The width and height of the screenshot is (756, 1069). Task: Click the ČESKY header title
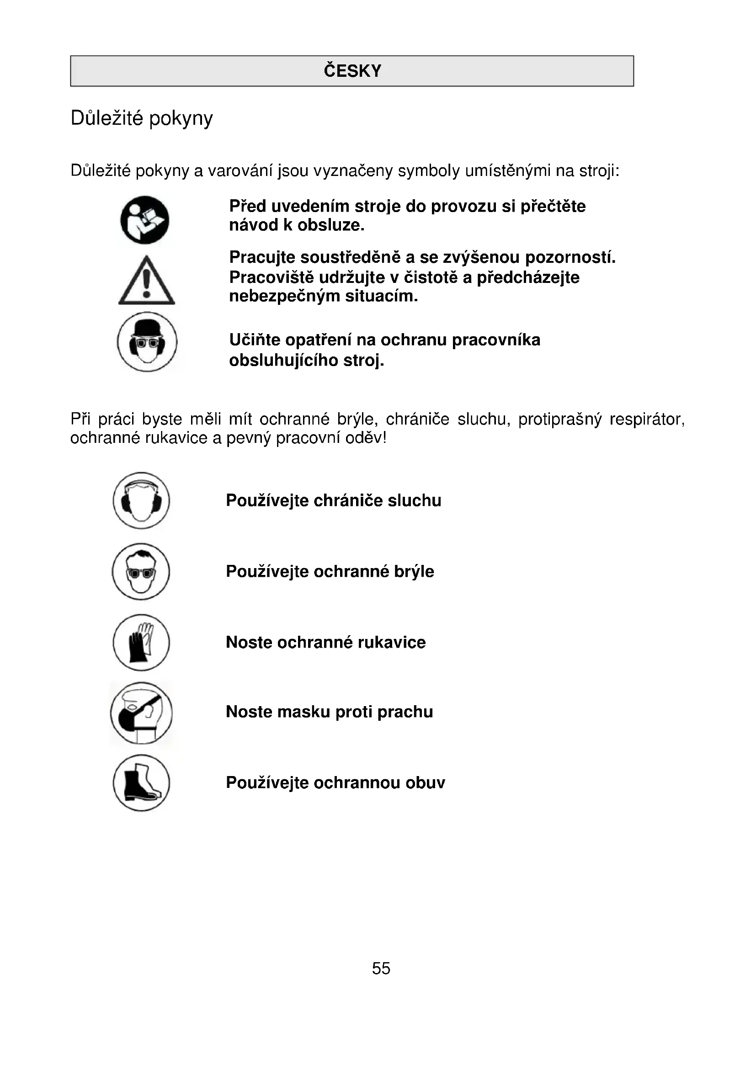click(x=352, y=71)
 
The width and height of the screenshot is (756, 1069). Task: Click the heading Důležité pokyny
click(x=142, y=118)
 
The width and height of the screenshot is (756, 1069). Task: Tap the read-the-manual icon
click(x=145, y=220)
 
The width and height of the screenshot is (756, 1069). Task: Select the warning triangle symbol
click(x=147, y=281)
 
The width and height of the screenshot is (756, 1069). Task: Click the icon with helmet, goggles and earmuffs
click(x=147, y=342)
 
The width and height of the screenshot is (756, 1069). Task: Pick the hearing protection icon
click(x=142, y=500)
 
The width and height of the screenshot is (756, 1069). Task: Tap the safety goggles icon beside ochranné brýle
click(x=141, y=571)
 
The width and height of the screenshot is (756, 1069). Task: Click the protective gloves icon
click(x=142, y=643)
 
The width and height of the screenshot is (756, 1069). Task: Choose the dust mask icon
click(x=141, y=713)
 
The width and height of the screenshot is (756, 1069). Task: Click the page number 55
click(x=381, y=968)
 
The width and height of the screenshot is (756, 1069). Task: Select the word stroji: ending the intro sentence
click(x=600, y=171)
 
